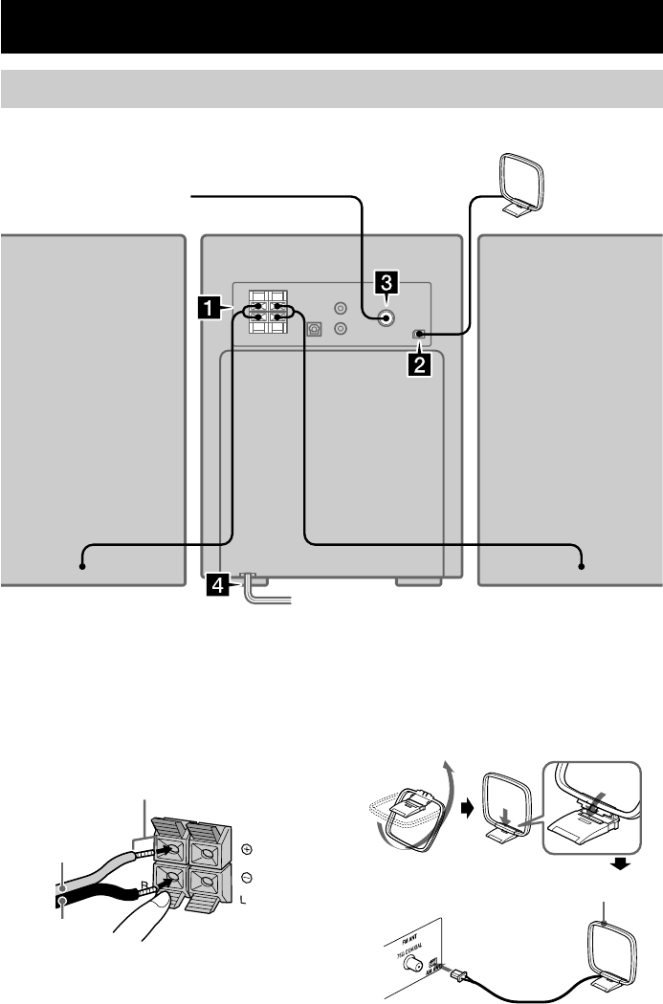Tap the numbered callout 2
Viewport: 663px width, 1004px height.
tap(418, 363)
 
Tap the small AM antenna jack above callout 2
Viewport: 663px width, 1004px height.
tap(417, 335)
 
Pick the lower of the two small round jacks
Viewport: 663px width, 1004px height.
tap(341, 328)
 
